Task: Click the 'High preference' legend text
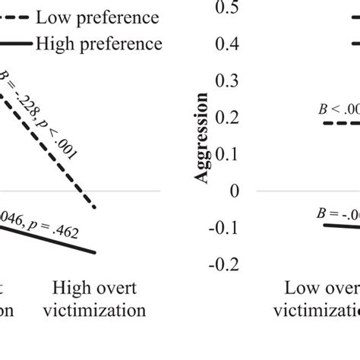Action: click(x=98, y=43)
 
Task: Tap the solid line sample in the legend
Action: click(x=17, y=43)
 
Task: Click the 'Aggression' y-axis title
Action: click(x=203, y=137)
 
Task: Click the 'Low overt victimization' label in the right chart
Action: click(x=319, y=298)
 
